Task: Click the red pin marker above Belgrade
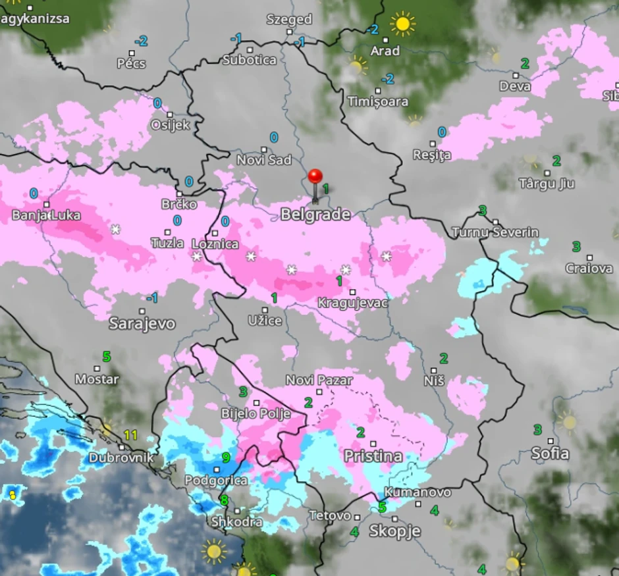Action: tap(315, 177)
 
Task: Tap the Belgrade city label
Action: tap(315, 214)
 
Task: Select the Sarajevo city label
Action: tap(142, 323)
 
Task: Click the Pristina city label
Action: tap(373, 456)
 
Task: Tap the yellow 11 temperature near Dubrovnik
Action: tap(130, 435)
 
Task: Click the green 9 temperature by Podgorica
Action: tap(225, 458)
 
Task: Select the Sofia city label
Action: tap(551, 454)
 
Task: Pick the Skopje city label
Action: tap(394, 531)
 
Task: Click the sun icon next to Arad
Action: tap(402, 24)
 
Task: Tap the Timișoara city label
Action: tap(378, 102)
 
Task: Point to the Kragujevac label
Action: tap(352, 303)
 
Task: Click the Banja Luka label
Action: tap(46, 215)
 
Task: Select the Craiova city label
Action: tap(589, 269)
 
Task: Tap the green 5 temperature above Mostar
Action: tap(107, 356)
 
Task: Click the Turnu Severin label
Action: tap(495, 232)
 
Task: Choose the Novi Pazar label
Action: tap(319, 380)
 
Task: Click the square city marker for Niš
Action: tap(433, 371)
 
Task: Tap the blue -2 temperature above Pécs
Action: tap(141, 41)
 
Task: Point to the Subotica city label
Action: tap(250, 60)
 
